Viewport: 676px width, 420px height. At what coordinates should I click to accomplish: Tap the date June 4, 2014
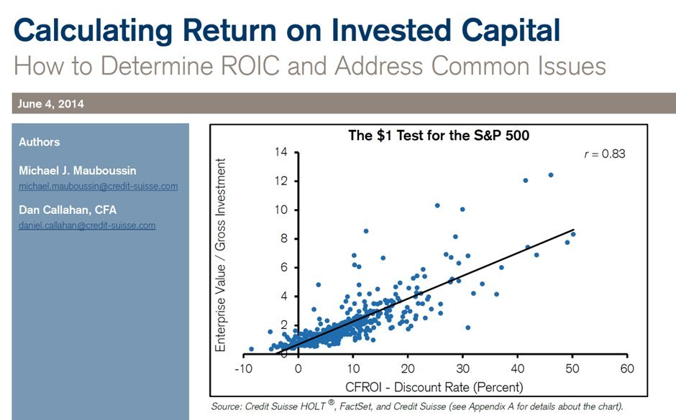tap(51, 103)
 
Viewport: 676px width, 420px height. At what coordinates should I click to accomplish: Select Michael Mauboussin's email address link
tap(99, 187)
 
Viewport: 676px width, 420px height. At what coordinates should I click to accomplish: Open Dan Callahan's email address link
tap(87, 225)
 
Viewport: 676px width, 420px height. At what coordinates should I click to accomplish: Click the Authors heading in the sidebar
tap(40, 142)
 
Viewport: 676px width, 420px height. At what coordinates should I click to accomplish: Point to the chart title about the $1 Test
tap(439, 136)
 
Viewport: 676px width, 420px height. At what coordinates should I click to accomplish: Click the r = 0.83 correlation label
tap(604, 154)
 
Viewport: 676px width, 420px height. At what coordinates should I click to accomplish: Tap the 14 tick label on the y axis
tap(280, 152)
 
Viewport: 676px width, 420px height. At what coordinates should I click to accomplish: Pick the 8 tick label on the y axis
tap(283, 238)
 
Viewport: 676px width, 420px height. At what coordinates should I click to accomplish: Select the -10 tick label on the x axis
tap(243, 369)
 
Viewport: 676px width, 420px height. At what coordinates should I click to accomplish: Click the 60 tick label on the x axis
tap(627, 369)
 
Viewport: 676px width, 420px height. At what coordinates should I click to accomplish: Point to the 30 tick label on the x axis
tap(462, 369)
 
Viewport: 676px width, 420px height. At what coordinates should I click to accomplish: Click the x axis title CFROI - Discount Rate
tap(434, 387)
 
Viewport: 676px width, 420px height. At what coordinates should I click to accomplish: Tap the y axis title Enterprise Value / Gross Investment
tap(220, 255)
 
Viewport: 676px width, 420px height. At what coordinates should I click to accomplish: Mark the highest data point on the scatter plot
tap(551, 175)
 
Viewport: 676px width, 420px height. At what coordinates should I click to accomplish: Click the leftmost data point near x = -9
tap(252, 349)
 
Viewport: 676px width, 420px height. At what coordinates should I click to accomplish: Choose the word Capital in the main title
tap(511, 31)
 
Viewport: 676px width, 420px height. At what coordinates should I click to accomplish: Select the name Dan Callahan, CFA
tap(68, 210)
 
